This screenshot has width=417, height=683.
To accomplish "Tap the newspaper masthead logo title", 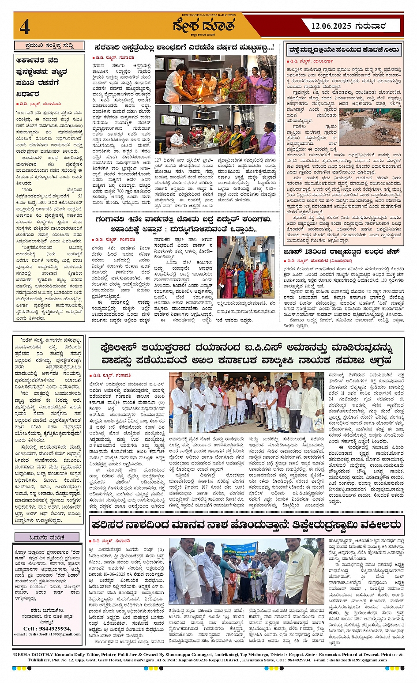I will (x=203, y=26).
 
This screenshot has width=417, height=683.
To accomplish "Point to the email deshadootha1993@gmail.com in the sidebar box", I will (x=48, y=634).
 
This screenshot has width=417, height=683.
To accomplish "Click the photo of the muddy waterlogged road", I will (x=370, y=127).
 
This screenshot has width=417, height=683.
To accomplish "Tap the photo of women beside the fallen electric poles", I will (x=245, y=267).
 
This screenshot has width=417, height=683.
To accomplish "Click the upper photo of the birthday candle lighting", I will (x=215, y=79).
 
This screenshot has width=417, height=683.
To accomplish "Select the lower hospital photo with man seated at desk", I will (x=215, y=129).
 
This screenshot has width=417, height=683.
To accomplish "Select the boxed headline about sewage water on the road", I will (x=344, y=50).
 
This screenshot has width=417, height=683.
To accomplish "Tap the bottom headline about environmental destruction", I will (x=246, y=525).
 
